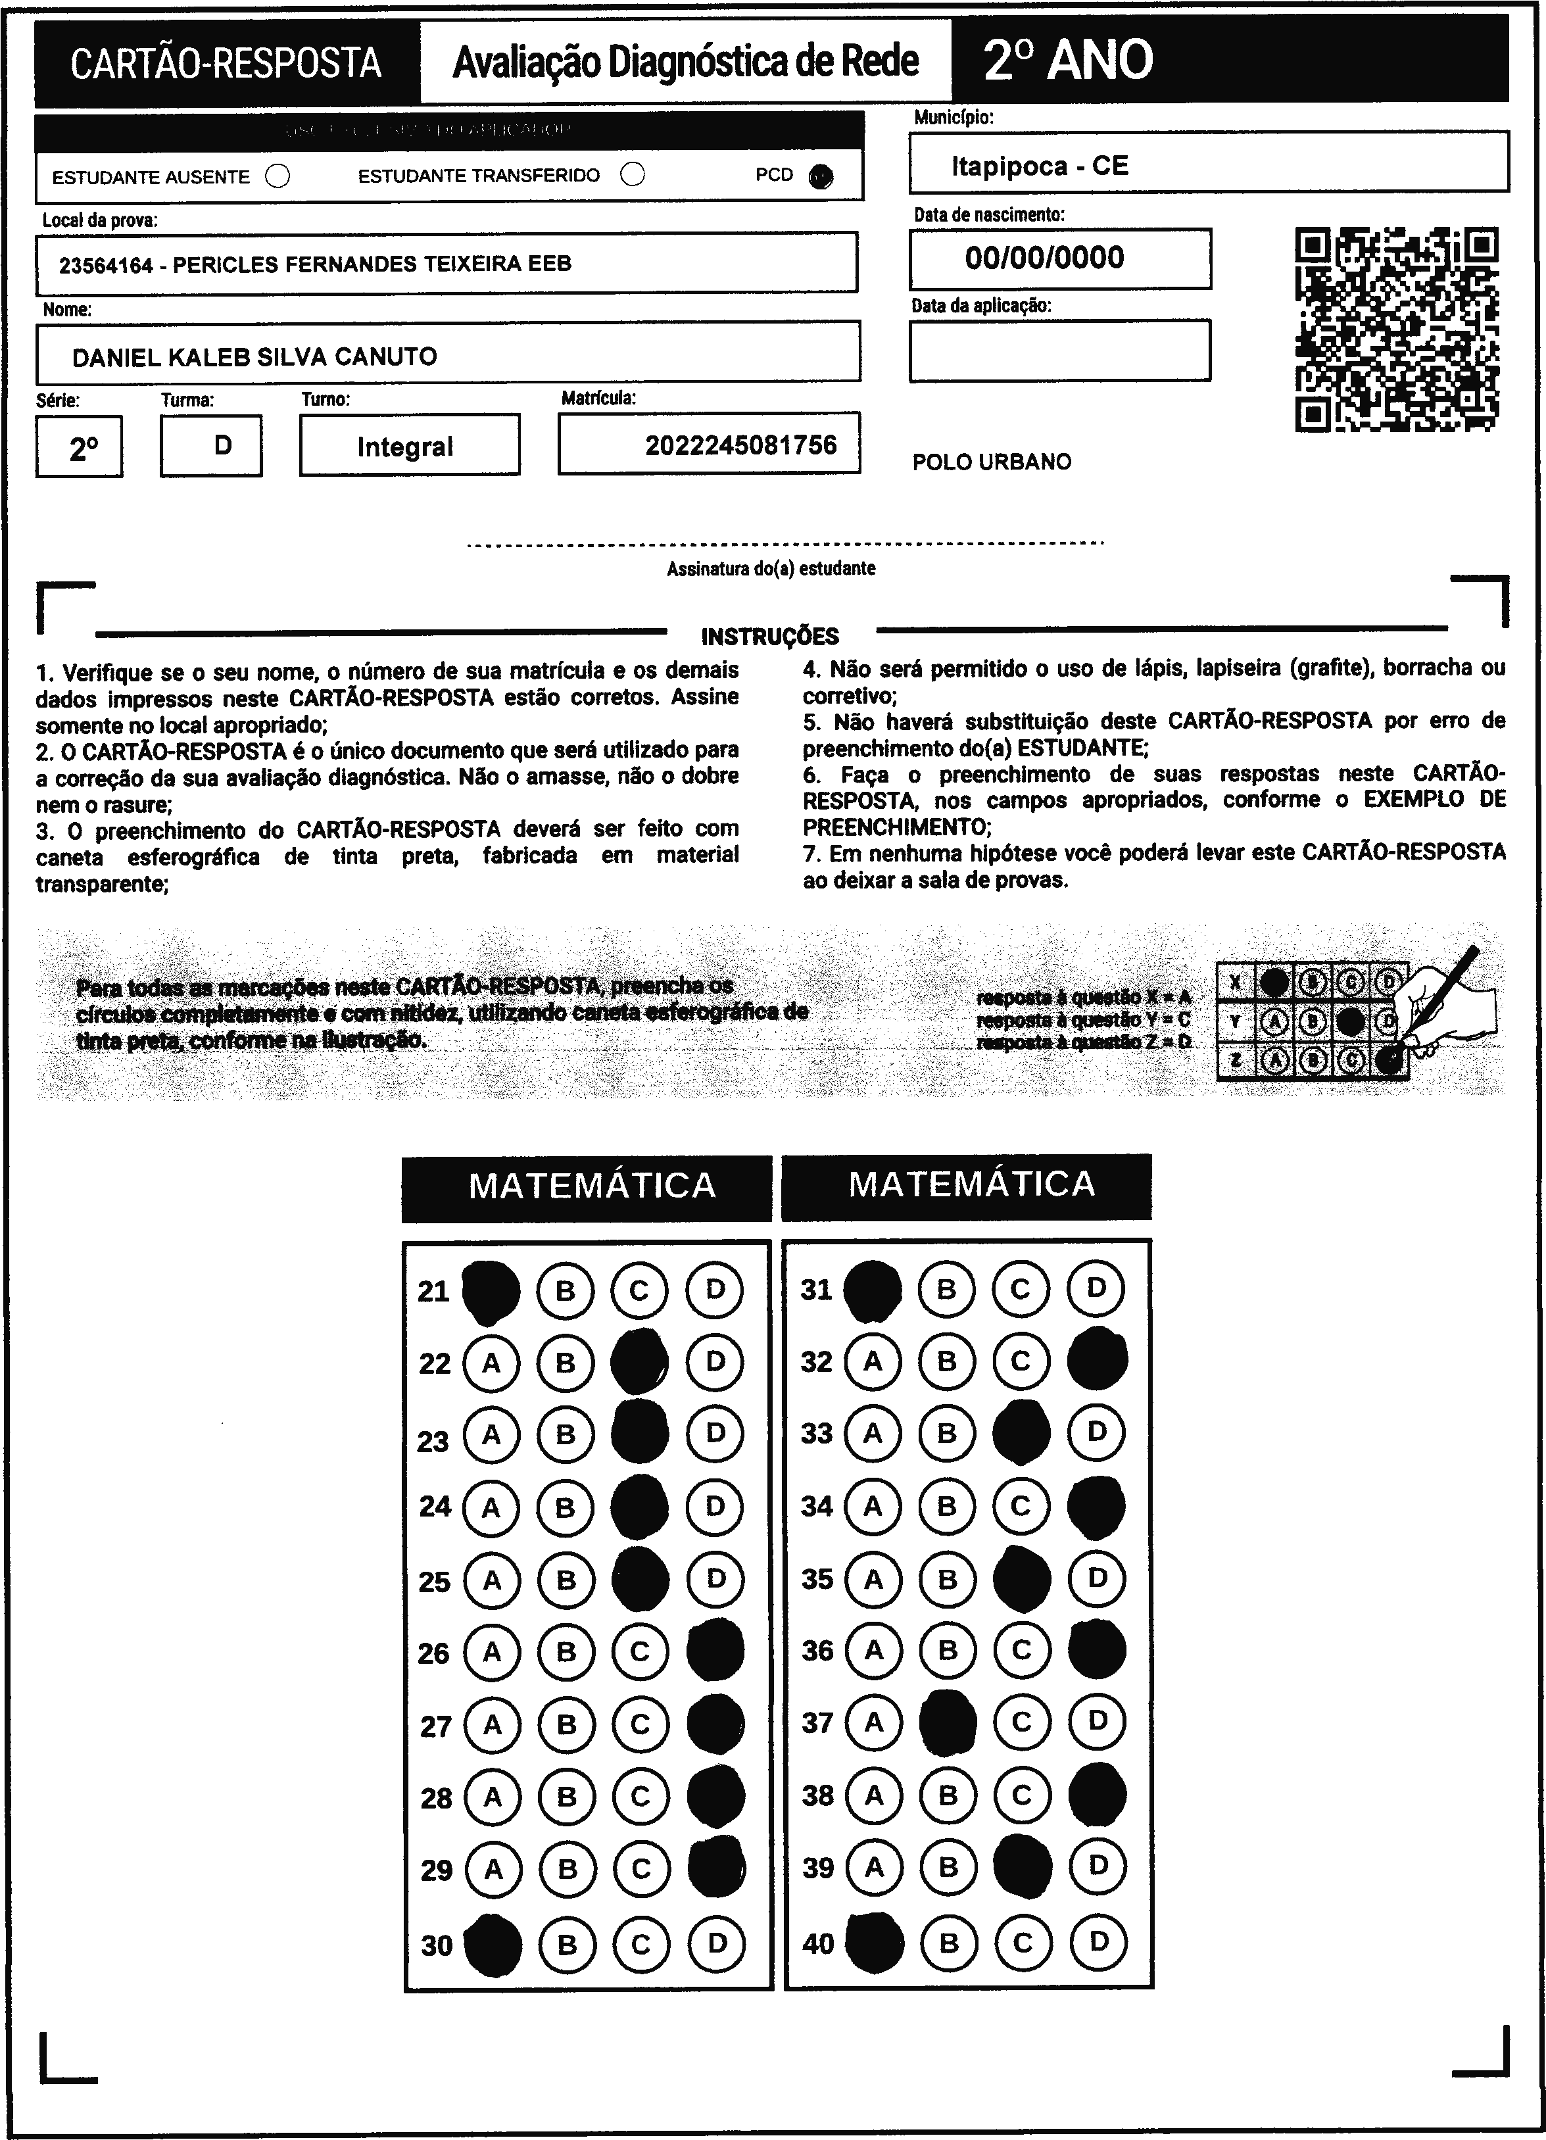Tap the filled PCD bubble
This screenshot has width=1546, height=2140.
pos(821,176)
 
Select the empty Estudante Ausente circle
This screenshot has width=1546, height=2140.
pos(278,176)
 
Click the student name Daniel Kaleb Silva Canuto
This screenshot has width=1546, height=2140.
pos(254,356)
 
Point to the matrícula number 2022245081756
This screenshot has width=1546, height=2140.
pos(740,445)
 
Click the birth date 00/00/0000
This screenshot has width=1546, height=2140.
pos(1044,258)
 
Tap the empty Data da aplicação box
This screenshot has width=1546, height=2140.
pos(1059,350)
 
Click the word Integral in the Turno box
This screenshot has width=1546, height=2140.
pos(404,447)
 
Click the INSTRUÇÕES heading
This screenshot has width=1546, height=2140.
pos(769,636)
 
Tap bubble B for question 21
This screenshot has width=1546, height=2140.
pos(565,1290)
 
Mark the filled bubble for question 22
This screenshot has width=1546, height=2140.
pos(640,1361)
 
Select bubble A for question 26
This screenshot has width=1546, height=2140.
pos(491,1651)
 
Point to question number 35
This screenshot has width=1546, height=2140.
pos(817,1578)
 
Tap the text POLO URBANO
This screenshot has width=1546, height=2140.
pos(992,462)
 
